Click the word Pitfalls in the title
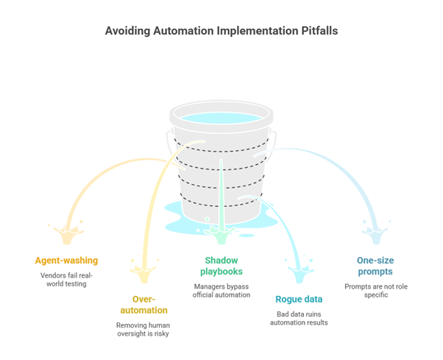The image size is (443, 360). coord(316,31)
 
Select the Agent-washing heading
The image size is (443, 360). coord(66,260)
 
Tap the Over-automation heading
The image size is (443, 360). coord(150,305)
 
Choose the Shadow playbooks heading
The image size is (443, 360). coord(221,266)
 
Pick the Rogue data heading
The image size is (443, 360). coord(300,299)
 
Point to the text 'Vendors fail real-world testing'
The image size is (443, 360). coord(66,279)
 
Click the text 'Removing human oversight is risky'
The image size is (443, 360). coord(150,330)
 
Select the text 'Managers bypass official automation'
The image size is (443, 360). coord(221,290)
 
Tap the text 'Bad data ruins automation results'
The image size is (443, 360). coord(300,318)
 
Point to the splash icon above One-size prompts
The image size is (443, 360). coord(372,234)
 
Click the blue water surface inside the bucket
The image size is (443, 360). coord(221,118)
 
